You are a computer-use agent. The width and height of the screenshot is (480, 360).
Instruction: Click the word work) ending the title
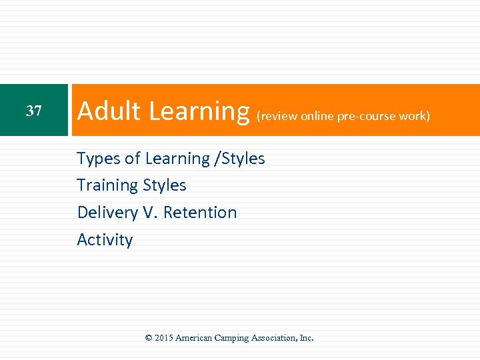(x=415, y=116)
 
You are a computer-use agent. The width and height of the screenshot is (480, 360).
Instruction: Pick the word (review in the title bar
(x=277, y=116)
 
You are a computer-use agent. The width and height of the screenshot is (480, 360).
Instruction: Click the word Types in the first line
(x=99, y=159)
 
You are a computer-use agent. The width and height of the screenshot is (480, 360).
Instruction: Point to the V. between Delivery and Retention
(x=150, y=213)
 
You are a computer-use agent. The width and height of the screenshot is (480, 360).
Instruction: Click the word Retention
(x=200, y=213)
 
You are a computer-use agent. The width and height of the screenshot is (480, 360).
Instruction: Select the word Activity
(x=105, y=240)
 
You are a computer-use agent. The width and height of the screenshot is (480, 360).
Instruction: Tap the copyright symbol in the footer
(x=149, y=338)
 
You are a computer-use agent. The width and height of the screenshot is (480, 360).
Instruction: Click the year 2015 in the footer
(x=163, y=338)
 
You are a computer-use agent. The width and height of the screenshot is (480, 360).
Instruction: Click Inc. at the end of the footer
(x=307, y=338)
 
